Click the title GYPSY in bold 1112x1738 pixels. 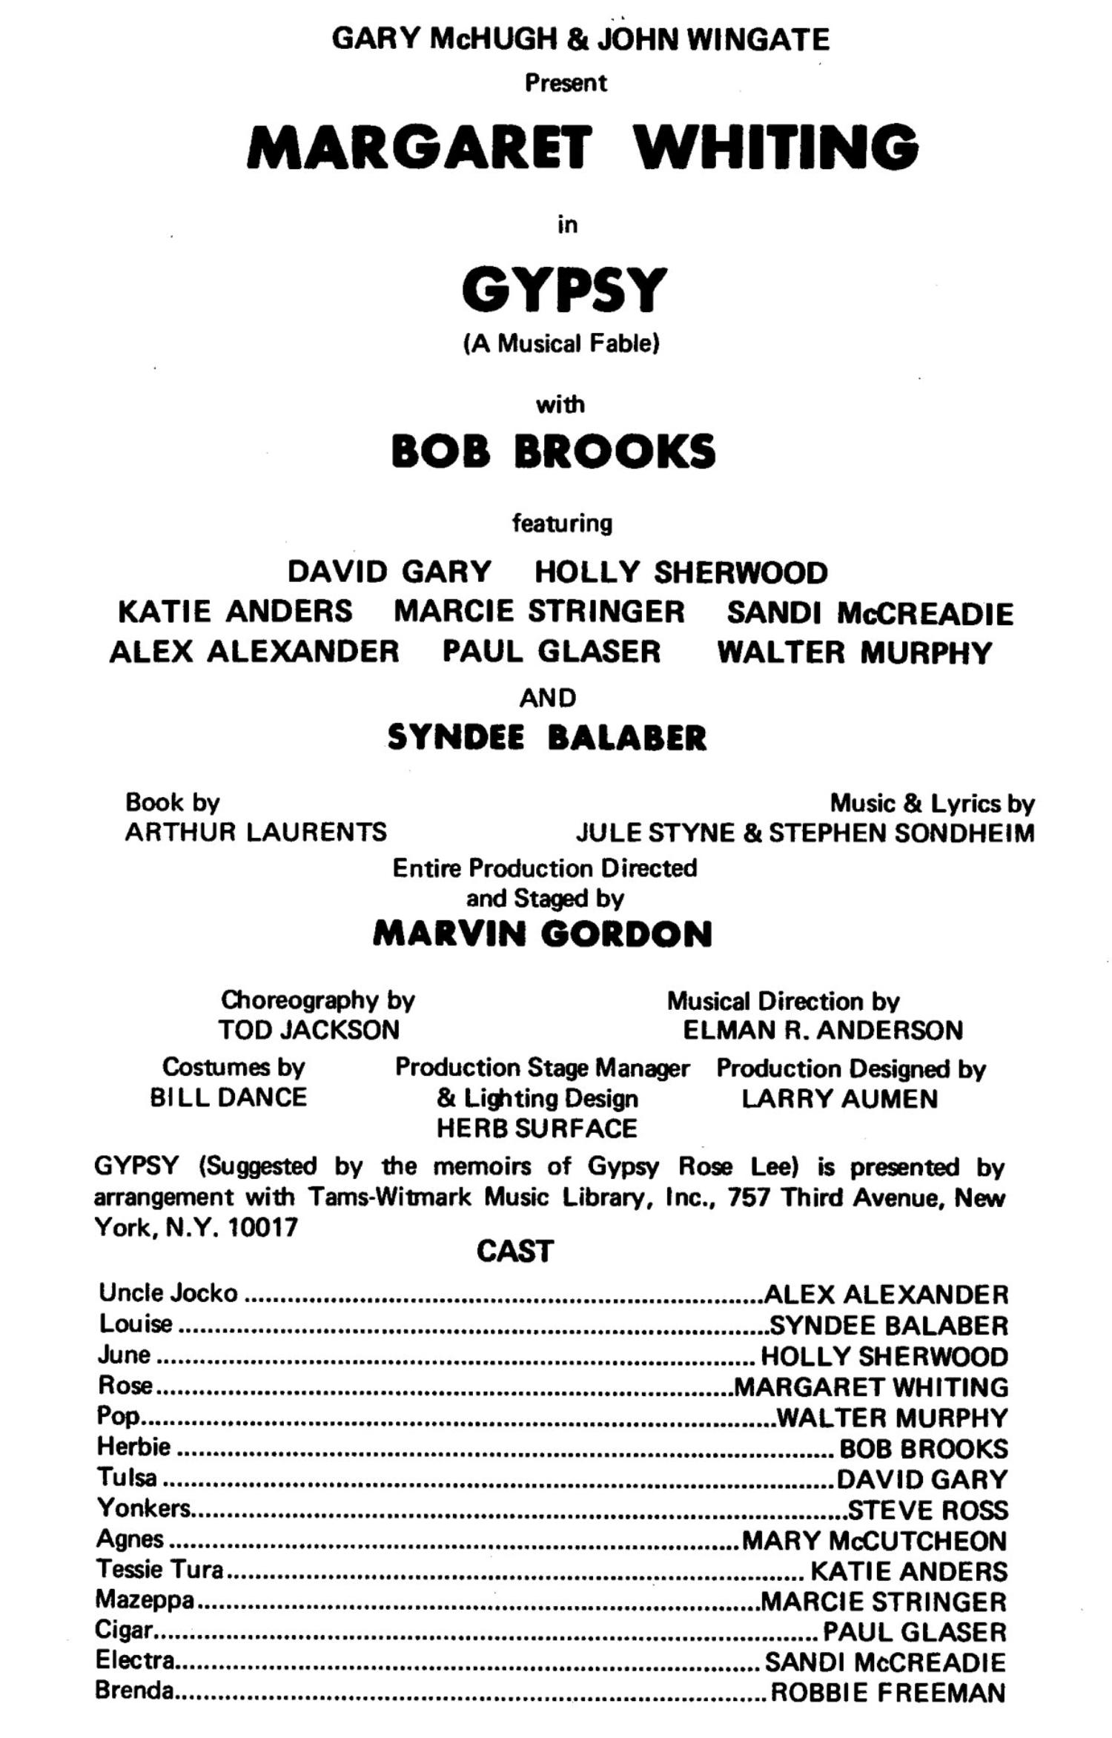point(563,289)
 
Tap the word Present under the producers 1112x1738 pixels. point(566,82)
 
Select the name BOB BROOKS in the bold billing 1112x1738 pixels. point(553,452)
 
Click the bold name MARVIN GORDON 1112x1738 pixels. point(542,934)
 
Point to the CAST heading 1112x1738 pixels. point(514,1252)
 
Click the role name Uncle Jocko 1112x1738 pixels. point(168,1293)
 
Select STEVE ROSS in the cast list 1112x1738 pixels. point(927,1510)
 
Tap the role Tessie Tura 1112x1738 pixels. point(159,1570)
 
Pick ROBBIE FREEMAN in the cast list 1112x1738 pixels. point(889,1693)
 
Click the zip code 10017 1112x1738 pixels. point(263,1228)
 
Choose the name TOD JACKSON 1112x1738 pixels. point(308,1030)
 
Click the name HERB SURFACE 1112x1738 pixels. point(537,1129)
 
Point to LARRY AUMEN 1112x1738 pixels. point(839,1098)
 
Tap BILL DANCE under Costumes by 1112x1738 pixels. point(228,1097)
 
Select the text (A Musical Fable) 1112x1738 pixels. point(561,344)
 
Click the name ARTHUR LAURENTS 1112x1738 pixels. point(256,832)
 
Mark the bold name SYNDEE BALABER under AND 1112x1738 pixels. point(547,738)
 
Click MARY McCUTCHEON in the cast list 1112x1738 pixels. point(874,1541)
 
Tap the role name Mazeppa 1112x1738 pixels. point(145,1600)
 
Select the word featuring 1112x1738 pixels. point(563,523)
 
